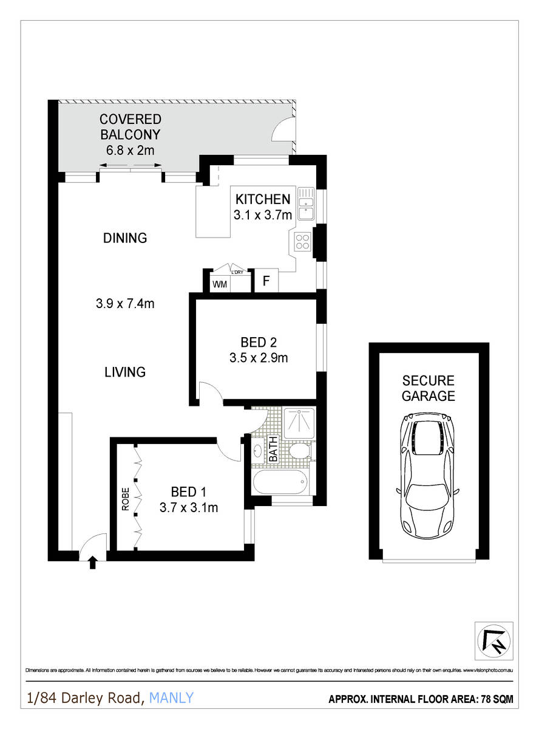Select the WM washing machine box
pyautogui.click(x=219, y=284)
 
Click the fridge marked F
pyautogui.click(x=265, y=281)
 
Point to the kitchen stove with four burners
pyautogui.click(x=302, y=242)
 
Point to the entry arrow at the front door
pyautogui.click(x=93, y=563)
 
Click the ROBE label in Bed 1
pyautogui.click(x=126, y=498)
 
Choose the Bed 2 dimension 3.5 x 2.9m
pyautogui.click(x=259, y=358)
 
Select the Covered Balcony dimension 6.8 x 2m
pyautogui.click(x=130, y=150)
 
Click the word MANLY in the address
pyautogui.click(x=171, y=698)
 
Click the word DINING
pyautogui.click(x=125, y=238)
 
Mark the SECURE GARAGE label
pyautogui.click(x=429, y=388)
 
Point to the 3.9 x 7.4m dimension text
pyautogui.click(x=125, y=304)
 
